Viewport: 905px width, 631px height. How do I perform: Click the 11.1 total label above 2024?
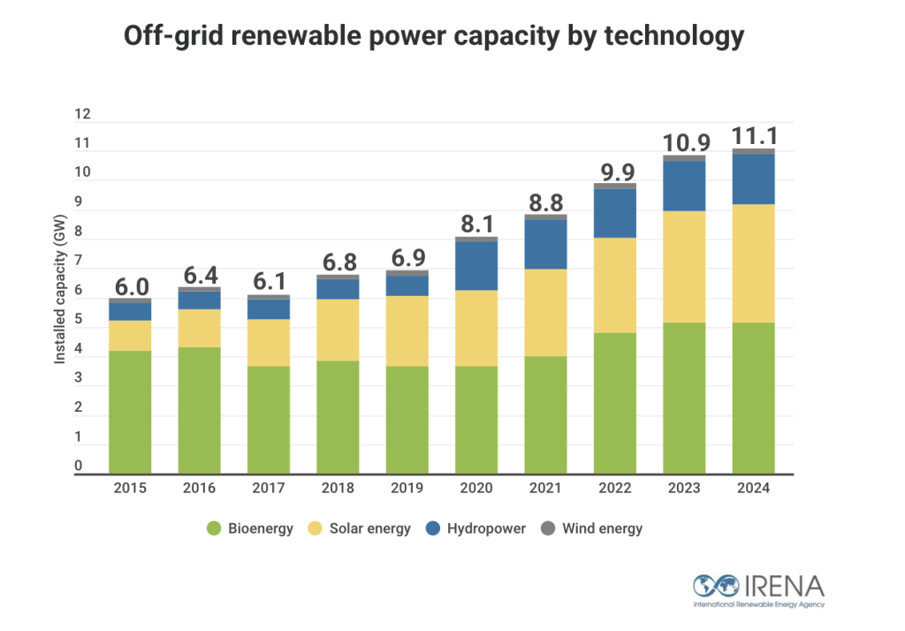pyautogui.click(x=753, y=136)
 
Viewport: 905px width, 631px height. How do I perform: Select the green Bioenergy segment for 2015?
pyautogui.click(x=130, y=411)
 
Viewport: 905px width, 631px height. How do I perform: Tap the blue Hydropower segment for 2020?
pyautogui.click(x=476, y=265)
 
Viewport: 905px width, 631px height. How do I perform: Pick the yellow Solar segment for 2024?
pyautogui.click(x=753, y=263)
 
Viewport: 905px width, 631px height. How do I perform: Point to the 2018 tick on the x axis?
pyautogui.click(x=338, y=489)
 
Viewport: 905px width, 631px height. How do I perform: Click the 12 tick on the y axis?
pyautogui.click(x=83, y=114)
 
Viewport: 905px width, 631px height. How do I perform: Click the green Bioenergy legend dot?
pyautogui.click(x=213, y=528)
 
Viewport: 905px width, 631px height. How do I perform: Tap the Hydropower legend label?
pyautogui.click(x=486, y=528)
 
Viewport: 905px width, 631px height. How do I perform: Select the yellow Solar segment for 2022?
pyautogui.click(x=615, y=285)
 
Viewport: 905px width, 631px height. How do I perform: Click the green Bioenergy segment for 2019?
pyautogui.click(x=407, y=419)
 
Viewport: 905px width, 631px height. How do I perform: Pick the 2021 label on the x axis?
pyautogui.click(x=545, y=489)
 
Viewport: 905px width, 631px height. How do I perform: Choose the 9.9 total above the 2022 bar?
pyautogui.click(x=615, y=171)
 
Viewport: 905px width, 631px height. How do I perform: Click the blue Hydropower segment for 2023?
pyautogui.click(x=684, y=186)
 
